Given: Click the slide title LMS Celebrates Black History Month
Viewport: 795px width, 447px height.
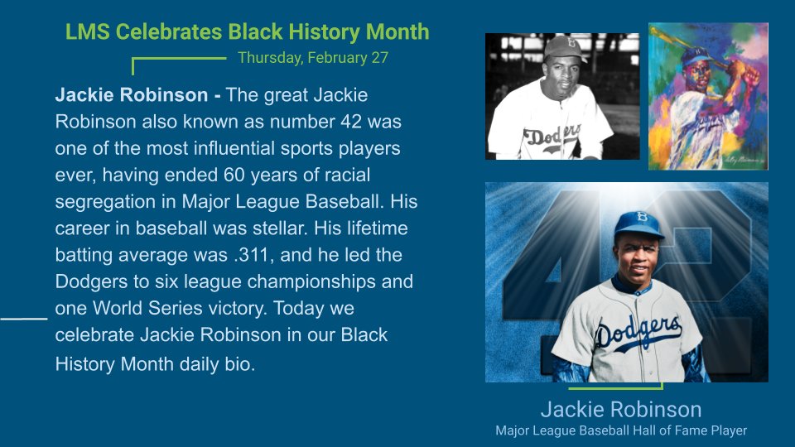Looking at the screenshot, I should [x=248, y=32].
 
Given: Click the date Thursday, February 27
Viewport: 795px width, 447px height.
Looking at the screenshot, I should [x=312, y=58].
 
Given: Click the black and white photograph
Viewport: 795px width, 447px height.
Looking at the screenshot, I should [x=561, y=96].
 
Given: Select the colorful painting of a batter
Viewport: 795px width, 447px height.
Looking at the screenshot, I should [x=708, y=96].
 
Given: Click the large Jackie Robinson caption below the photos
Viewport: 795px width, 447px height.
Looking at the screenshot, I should [x=620, y=409].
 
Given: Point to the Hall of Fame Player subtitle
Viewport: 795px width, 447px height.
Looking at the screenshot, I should [x=620, y=430].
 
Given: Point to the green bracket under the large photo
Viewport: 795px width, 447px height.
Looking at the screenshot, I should [x=615, y=386].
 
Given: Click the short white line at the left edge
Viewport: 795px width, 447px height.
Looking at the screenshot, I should [x=23, y=317].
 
